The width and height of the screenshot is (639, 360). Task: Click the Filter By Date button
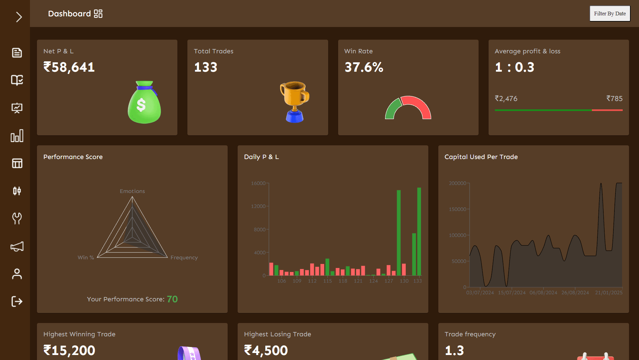pyautogui.click(x=610, y=14)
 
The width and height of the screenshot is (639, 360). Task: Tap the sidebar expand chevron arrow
pyautogui.click(x=19, y=17)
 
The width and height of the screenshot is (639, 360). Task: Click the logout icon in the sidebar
pyautogui.click(x=17, y=301)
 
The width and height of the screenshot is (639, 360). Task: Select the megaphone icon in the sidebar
pyautogui.click(x=17, y=247)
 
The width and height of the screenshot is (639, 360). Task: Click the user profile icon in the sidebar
pyautogui.click(x=17, y=274)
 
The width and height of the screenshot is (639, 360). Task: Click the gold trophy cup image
pyautogui.click(x=295, y=102)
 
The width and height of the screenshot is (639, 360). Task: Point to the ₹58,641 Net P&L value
pyautogui.click(x=69, y=67)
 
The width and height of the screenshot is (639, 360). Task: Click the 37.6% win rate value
pyautogui.click(x=364, y=67)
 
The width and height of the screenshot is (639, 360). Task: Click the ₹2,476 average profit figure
pyautogui.click(x=506, y=99)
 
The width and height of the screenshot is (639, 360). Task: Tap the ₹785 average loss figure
pyautogui.click(x=614, y=99)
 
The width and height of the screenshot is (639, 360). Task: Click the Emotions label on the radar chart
pyautogui.click(x=132, y=191)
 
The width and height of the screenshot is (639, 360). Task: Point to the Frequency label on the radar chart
pyautogui.click(x=184, y=258)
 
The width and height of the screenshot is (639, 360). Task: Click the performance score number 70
pyautogui.click(x=172, y=299)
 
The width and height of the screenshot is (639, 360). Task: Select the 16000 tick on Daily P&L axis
pyautogui.click(x=258, y=183)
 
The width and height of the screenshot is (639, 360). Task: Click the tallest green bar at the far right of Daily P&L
pyautogui.click(x=419, y=231)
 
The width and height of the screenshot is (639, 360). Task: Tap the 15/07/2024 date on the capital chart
pyautogui.click(x=512, y=293)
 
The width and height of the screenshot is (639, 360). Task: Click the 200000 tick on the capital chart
pyautogui.click(x=457, y=183)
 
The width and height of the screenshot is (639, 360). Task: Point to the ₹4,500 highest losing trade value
pyautogui.click(x=266, y=350)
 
